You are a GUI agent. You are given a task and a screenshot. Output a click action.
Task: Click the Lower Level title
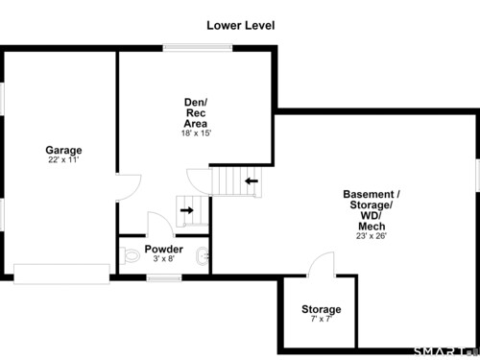pyautogui.click(x=241, y=26)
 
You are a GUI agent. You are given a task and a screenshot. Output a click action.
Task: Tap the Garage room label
pyautogui.click(x=63, y=150)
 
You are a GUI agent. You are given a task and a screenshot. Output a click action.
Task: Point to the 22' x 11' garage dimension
pyautogui.click(x=63, y=159)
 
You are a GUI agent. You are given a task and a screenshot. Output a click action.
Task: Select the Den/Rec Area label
pyautogui.click(x=196, y=113)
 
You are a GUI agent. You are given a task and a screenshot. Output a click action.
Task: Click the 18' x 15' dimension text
pyautogui.click(x=196, y=133)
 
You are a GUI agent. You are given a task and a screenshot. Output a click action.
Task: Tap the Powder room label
pyautogui.click(x=163, y=249)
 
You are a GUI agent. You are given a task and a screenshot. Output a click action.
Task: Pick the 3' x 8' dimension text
pyautogui.click(x=164, y=258)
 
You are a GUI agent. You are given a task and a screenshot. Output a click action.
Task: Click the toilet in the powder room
pyautogui.click(x=131, y=255)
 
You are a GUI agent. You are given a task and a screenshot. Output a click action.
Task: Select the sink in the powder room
pyautogui.click(x=203, y=256)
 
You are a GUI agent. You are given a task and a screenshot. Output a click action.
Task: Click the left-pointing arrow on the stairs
pyautogui.click(x=252, y=181)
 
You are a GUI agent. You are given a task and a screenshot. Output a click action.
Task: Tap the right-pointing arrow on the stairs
pyautogui.click(x=187, y=210)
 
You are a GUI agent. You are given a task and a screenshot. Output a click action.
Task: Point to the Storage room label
pyautogui.click(x=322, y=309)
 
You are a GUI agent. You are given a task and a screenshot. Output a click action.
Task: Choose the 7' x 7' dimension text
pyautogui.click(x=322, y=319)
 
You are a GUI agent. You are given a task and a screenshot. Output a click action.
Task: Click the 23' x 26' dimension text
pyautogui.click(x=372, y=236)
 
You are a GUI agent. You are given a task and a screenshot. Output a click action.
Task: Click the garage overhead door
pyautogui.click(x=61, y=274)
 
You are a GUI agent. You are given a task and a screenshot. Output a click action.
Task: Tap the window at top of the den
pyautogui.click(x=198, y=48)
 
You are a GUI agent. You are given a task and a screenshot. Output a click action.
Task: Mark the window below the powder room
pyautogui.click(x=164, y=277)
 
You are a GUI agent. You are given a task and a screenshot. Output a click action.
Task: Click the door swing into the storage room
pyautogui.click(x=321, y=264)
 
